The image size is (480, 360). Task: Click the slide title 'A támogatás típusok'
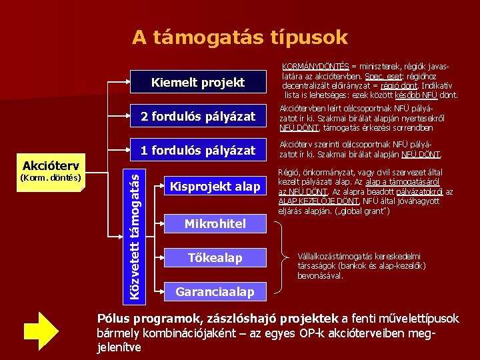(x=239, y=37)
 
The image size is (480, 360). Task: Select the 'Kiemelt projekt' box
(x=198, y=83)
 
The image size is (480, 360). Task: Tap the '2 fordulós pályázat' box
(x=198, y=117)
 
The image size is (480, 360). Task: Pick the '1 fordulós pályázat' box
(x=198, y=151)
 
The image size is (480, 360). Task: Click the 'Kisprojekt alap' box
(x=214, y=187)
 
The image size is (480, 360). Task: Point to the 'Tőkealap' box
(x=215, y=257)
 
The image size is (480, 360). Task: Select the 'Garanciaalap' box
(x=214, y=291)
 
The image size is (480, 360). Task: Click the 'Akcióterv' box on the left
(x=51, y=165)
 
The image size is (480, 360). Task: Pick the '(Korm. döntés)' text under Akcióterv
(x=51, y=178)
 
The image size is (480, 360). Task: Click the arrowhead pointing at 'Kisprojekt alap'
(x=161, y=187)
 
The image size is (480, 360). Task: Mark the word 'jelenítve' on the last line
(x=119, y=347)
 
